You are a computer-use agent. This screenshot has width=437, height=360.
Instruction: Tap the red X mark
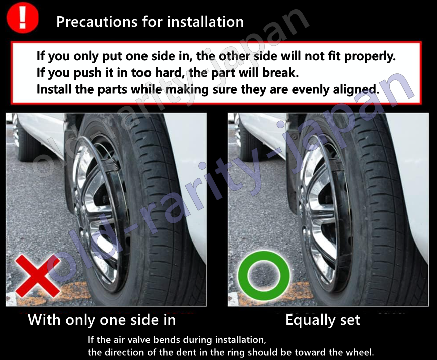[37, 276]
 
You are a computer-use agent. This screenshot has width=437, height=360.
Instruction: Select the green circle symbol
[264, 276]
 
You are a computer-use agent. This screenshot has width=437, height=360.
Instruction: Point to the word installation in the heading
[205, 22]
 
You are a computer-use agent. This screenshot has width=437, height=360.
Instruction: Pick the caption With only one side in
[102, 320]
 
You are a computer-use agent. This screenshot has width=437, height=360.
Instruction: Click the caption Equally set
[323, 320]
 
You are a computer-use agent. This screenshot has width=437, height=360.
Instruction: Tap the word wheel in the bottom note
[360, 352]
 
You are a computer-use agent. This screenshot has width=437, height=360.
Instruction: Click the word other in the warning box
[234, 56]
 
